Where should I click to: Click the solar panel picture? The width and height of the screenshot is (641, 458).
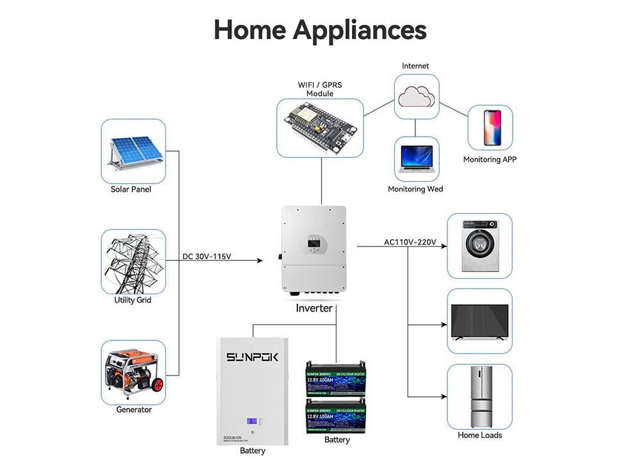coord(133,151)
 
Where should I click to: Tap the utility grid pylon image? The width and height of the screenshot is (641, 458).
coord(133,262)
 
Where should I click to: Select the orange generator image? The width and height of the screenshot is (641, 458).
coord(133,372)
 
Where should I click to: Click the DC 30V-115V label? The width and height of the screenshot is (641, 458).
coord(206,257)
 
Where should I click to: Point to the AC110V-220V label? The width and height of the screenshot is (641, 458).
coord(410,242)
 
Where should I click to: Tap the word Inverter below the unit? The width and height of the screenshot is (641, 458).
coord(314,309)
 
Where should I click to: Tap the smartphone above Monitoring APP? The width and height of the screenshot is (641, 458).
coord(490,129)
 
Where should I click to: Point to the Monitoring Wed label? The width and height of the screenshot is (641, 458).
coord(415,189)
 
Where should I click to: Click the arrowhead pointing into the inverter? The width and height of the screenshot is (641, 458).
coord(260,260)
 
